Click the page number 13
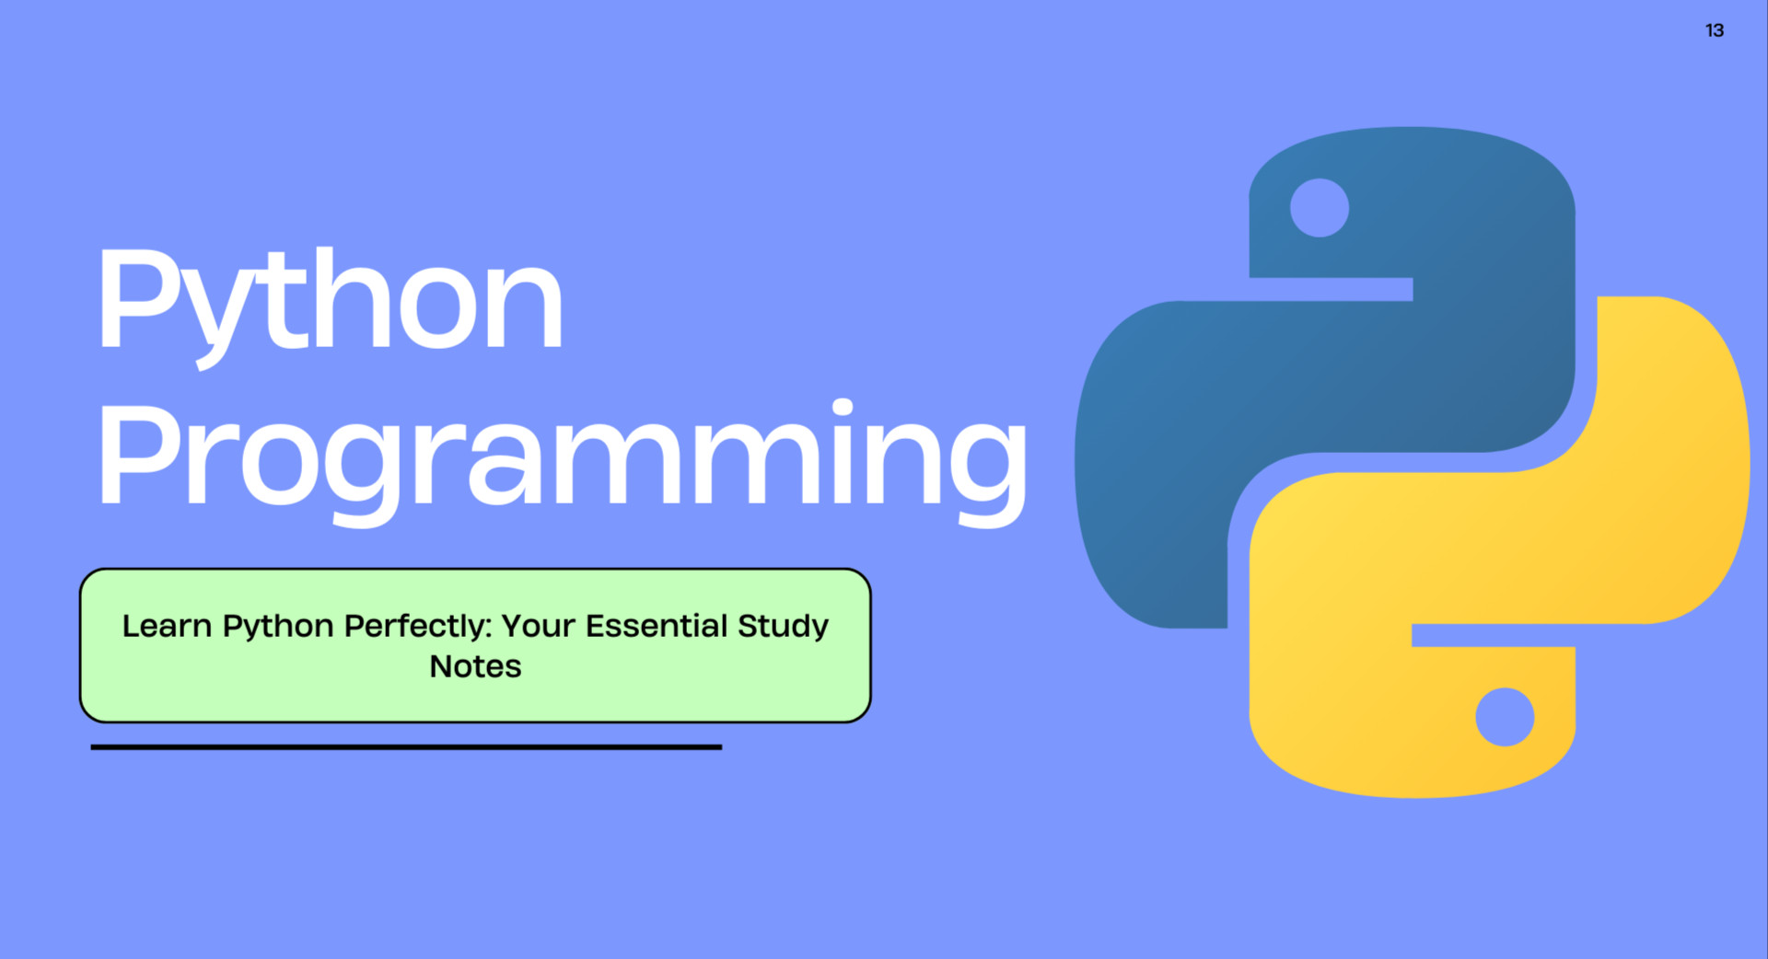[1714, 30]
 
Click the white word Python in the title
[330, 299]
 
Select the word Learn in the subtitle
[167, 626]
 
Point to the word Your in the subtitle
[538, 626]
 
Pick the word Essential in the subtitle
[657, 626]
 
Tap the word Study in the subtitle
[783, 626]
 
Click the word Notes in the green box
[475, 666]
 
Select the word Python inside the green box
[278, 627]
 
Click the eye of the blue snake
[1319, 208]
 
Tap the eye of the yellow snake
[1504, 717]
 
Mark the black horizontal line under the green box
[406, 747]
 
